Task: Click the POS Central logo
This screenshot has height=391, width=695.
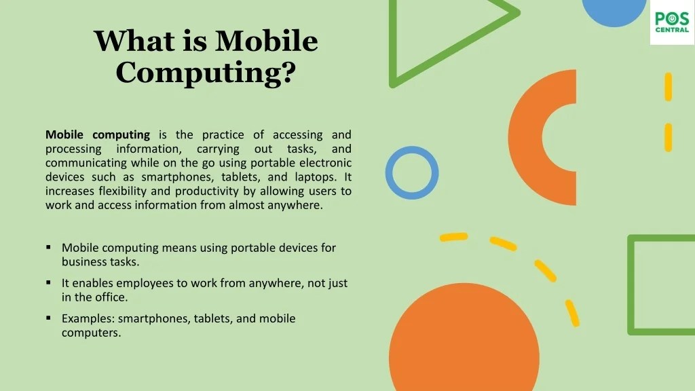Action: click(672, 22)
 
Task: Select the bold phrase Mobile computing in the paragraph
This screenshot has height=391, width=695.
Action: click(97, 134)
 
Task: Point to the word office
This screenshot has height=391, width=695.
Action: click(110, 297)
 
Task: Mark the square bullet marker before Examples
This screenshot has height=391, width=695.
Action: click(49, 318)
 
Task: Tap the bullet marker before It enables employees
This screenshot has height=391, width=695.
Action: click(49, 282)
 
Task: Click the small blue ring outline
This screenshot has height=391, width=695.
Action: click(412, 172)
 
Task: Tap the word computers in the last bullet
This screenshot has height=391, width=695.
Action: click(91, 333)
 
